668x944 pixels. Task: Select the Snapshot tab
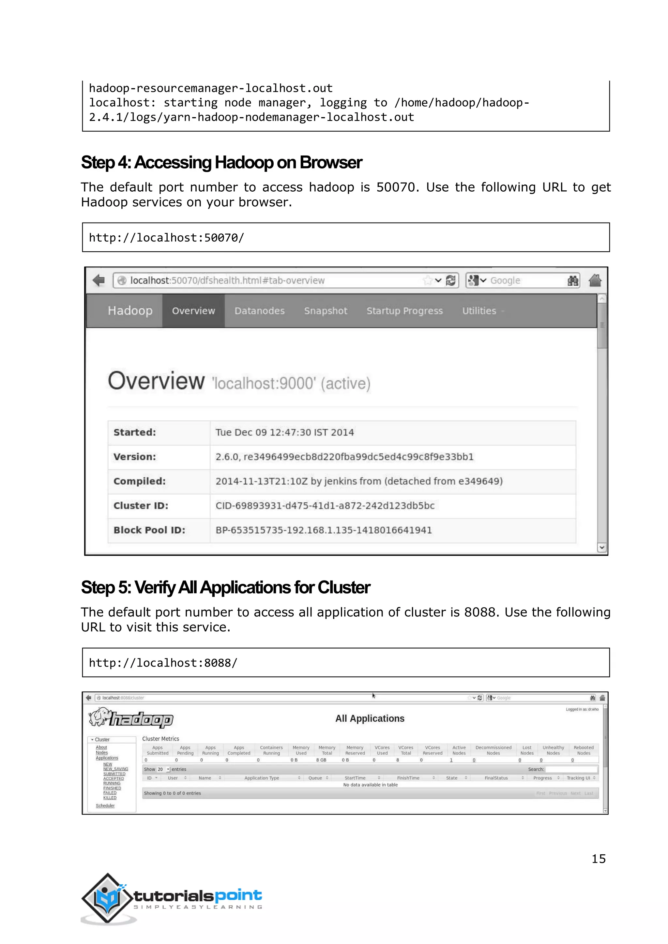[x=326, y=311]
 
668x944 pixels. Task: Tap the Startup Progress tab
[x=404, y=311]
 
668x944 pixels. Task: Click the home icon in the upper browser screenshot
[x=595, y=280]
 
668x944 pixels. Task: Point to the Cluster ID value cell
[x=325, y=506]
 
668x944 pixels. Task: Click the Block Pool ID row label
[x=149, y=530]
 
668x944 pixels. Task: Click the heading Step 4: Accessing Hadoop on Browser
[x=221, y=162]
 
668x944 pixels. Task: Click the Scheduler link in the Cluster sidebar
[x=105, y=805]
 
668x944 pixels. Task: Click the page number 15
[x=598, y=859]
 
